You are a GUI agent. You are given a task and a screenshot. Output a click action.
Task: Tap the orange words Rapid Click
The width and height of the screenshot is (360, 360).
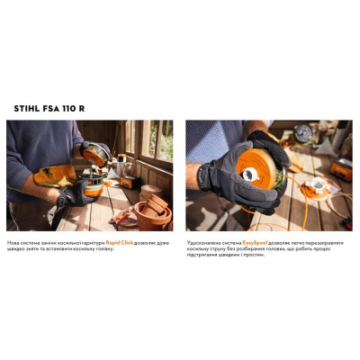(121, 243)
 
